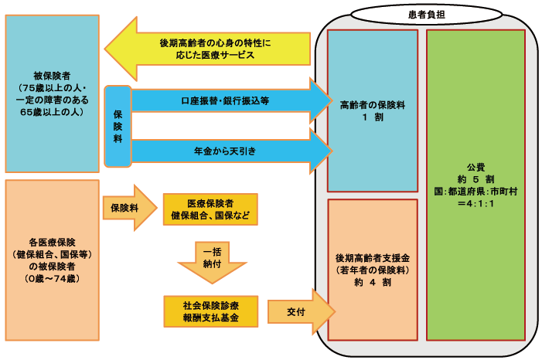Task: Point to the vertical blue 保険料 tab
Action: click(118, 126)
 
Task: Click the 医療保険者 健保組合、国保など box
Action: click(210, 209)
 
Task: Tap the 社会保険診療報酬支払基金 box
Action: click(210, 312)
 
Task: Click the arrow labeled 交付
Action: click(298, 311)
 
